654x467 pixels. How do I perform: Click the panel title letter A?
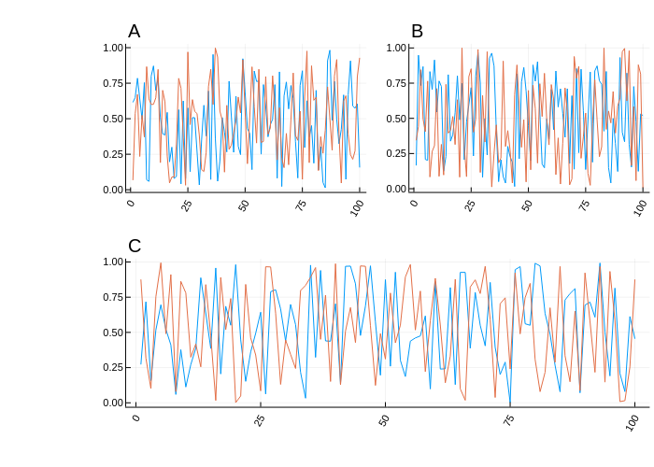coord(135,32)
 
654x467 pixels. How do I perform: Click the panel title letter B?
coord(417,32)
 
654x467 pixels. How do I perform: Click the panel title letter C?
coord(135,247)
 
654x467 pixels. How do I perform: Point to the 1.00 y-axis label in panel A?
coord(113,48)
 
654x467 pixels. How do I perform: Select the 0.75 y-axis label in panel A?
coord(113,83)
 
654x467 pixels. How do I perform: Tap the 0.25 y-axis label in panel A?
coord(113,154)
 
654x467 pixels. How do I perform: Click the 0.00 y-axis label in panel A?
coord(113,190)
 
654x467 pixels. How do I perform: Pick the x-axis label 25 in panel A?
coord(187,205)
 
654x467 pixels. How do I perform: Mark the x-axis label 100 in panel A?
coord(356,208)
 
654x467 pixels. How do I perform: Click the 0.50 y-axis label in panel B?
coord(396,119)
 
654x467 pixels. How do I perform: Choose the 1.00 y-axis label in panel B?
coord(396,48)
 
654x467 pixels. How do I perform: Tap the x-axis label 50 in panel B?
coord(527,205)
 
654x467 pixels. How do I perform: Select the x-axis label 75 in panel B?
coord(584,205)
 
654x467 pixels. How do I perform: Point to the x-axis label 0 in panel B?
coord(414,203)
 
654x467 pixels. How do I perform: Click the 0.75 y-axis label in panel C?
coord(113,297)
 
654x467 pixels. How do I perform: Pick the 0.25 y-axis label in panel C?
coord(113,368)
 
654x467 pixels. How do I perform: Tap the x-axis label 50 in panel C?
coord(384,420)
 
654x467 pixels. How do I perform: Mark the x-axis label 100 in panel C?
coord(633,422)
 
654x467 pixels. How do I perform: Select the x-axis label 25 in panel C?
coord(259,420)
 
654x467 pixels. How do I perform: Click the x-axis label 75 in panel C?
coord(508,420)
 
